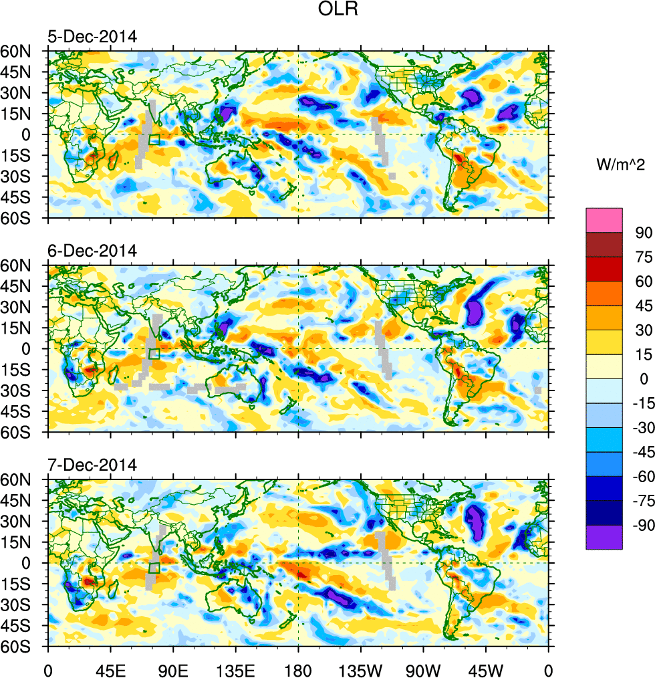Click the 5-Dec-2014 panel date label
[92, 37]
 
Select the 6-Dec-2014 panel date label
[92, 251]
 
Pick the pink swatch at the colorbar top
[604, 220]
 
